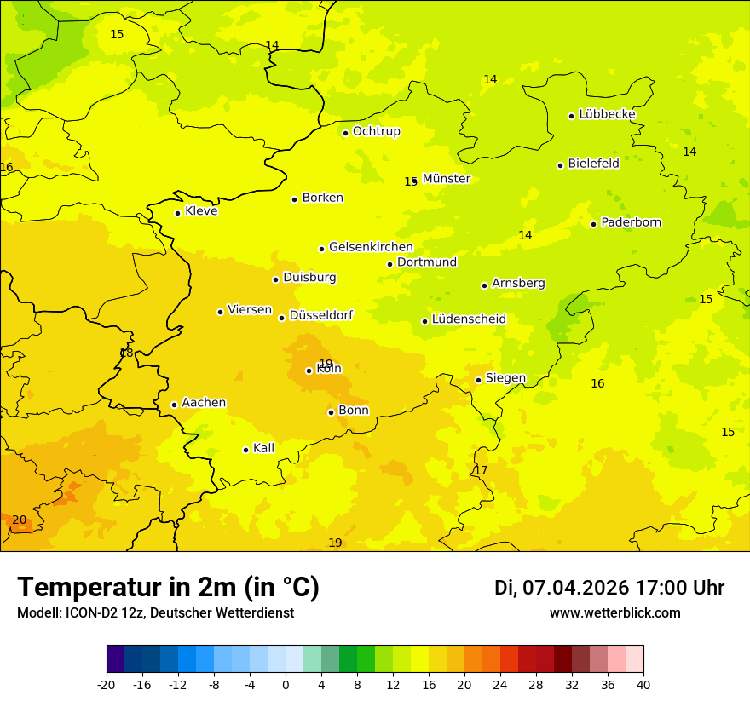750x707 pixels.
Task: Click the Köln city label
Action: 329,369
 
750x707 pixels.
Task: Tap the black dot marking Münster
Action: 414,181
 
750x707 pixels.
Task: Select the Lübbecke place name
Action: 607,114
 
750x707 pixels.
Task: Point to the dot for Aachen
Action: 174,405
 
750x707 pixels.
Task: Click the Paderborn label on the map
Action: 631,222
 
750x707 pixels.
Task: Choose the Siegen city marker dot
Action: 478,380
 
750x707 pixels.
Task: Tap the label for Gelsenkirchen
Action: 371,247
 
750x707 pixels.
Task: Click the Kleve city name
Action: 201,211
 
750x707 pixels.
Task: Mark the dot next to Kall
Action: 245,450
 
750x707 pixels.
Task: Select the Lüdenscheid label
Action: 469,319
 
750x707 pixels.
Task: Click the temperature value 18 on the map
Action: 126,353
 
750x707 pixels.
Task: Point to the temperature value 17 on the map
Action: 481,470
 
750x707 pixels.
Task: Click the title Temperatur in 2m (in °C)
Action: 168,588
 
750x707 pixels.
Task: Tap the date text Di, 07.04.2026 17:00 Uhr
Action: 609,588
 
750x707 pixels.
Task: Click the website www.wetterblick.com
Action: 614,612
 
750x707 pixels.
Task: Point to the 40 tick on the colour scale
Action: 643,684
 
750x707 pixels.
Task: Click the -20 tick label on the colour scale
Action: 107,684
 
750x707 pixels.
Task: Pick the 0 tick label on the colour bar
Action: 286,684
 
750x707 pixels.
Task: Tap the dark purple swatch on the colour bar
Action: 115,659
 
